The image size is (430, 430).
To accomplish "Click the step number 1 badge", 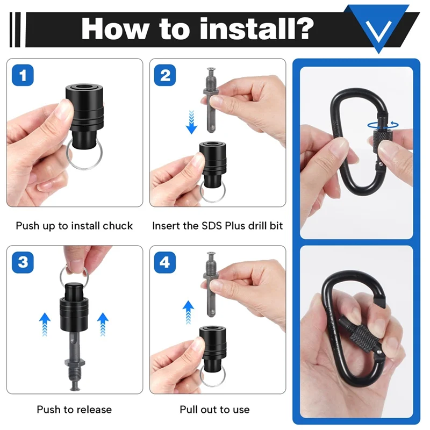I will [x=22, y=76].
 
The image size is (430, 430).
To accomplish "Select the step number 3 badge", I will [x=22, y=263].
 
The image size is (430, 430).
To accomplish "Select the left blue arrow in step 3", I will [x=45, y=325].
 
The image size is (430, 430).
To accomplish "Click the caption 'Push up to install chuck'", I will [x=74, y=226].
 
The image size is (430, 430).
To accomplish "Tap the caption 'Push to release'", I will [x=74, y=410].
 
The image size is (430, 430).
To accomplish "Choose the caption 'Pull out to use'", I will [x=215, y=410].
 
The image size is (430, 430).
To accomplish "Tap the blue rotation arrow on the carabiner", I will [x=383, y=125].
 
